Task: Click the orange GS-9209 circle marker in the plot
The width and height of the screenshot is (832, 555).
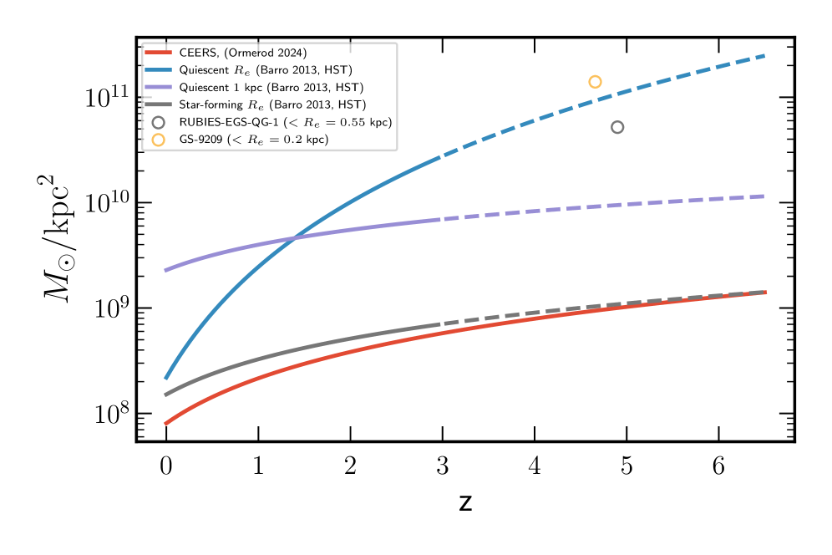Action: pyautogui.click(x=595, y=82)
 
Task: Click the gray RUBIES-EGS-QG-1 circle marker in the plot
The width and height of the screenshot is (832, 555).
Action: pyautogui.click(x=617, y=127)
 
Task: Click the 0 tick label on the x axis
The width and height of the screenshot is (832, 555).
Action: pyautogui.click(x=166, y=465)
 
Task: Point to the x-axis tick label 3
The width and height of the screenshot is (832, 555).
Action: pyautogui.click(x=442, y=465)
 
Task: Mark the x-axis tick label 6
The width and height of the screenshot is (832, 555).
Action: pyautogui.click(x=718, y=465)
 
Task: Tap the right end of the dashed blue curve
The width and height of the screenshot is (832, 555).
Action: pyautogui.click(x=764, y=55)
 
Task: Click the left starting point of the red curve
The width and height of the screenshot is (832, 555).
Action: pyautogui.click(x=166, y=424)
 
